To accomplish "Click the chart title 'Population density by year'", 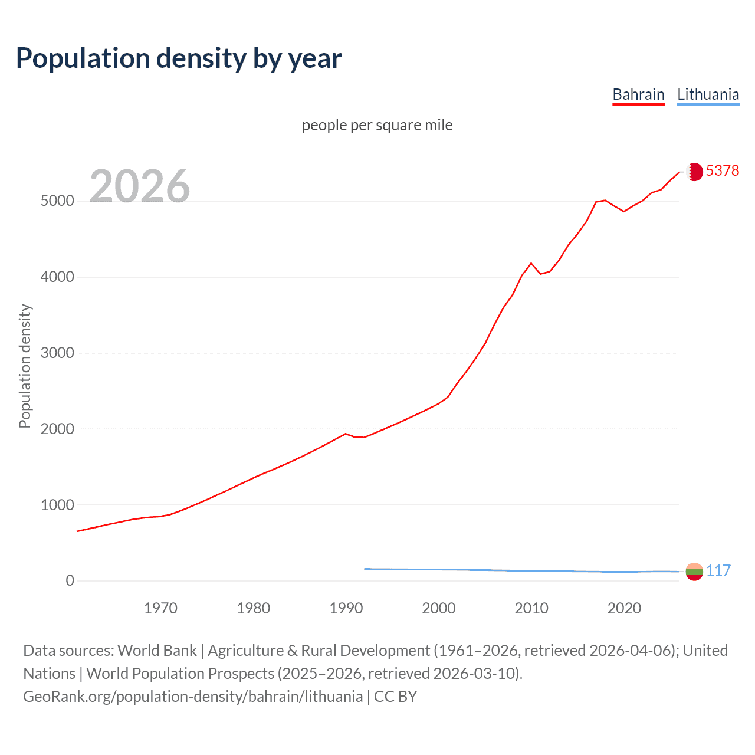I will click(179, 58).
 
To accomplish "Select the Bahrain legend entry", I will click(638, 94).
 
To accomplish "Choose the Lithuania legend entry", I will click(708, 94).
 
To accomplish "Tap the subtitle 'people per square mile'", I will click(377, 125).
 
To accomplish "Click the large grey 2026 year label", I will click(140, 186).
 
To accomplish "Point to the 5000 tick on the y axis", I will click(57, 201).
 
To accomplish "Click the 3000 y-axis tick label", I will click(57, 353).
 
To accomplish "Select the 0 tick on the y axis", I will click(70, 581).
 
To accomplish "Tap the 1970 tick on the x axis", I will click(160, 608).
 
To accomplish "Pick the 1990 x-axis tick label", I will click(346, 608).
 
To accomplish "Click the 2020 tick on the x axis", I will click(624, 608).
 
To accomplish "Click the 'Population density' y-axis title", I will click(25, 366).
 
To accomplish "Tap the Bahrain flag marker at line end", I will click(694, 172).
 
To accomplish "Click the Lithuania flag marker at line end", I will click(694, 572).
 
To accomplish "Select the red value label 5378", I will click(722, 170).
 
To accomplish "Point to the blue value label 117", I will click(718, 570).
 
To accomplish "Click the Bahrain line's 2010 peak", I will click(531, 263).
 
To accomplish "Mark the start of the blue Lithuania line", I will click(365, 569).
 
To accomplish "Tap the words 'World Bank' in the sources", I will click(157, 651).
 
